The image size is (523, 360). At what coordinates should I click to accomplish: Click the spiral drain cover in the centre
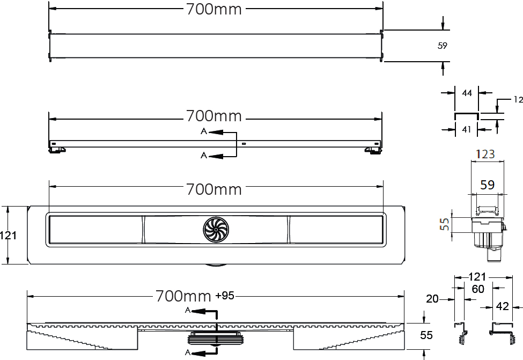tap(216, 230)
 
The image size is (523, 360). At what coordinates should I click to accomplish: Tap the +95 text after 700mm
tap(225, 296)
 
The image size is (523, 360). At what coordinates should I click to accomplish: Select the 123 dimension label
tap(485, 154)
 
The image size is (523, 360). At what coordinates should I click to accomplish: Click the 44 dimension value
tap(467, 93)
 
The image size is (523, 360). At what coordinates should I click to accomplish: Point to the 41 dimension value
tap(466, 129)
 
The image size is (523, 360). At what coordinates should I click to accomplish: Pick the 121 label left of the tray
tap(8, 236)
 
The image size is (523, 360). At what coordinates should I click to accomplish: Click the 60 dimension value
tap(478, 289)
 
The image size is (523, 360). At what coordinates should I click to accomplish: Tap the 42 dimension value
tap(502, 306)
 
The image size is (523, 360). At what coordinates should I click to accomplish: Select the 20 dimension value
tap(432, 299)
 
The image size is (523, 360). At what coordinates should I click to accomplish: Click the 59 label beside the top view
tap(443, 46)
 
